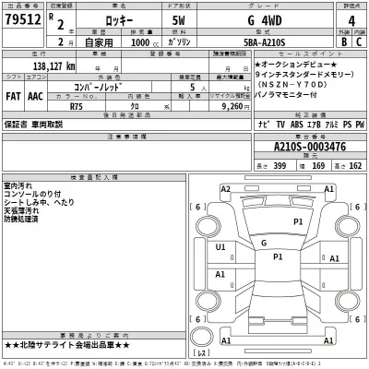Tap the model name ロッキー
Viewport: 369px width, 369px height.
coord(132,19)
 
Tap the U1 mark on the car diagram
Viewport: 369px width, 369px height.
coord(220,247)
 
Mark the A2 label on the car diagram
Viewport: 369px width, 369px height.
coord(224,189)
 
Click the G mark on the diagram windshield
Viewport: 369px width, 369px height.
coord(264,243)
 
